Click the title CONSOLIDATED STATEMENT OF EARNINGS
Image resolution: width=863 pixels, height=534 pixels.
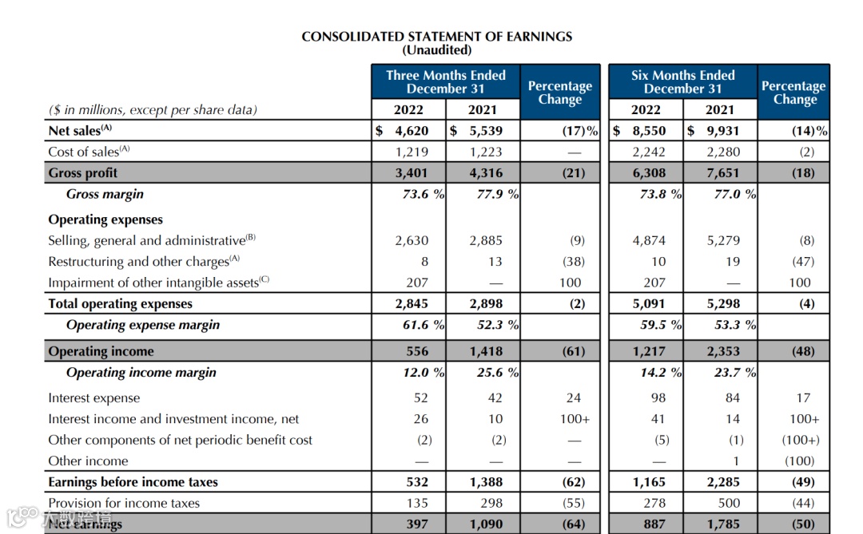coord(436,37)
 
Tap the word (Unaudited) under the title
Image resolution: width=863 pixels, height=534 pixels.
coord(436,50)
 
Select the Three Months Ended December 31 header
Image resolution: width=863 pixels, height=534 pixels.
coord(446,81)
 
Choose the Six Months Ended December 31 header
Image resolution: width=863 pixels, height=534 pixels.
coord(682,81)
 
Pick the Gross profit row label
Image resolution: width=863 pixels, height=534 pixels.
coord(83,173)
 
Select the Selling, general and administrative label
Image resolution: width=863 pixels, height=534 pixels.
coord(152,240)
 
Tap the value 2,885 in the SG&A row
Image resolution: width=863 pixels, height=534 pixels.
coord(485,240)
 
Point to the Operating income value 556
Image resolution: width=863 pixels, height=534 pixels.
coord(417,351)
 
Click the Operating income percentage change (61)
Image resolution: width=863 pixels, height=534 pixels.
coord(573,351)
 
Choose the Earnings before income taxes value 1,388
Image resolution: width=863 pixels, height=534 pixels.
coord(485,482)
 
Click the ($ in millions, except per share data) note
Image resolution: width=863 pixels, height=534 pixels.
coord(153,110)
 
